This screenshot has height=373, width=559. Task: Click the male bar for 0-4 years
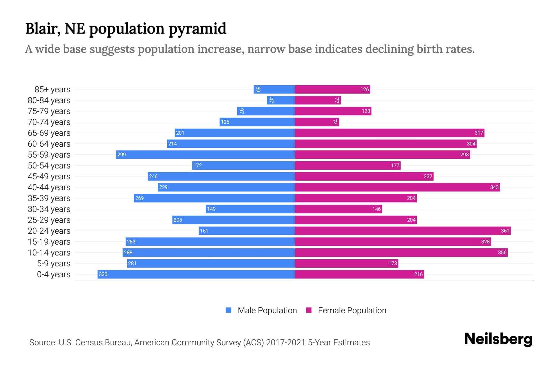196,274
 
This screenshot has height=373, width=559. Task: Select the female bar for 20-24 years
402,231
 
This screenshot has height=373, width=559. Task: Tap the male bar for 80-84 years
281,100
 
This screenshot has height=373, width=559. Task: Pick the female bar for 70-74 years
317,122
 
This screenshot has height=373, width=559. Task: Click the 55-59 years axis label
49,155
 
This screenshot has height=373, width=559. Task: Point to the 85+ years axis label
52,90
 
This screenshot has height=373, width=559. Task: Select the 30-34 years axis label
49,209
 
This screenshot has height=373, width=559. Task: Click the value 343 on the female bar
494,187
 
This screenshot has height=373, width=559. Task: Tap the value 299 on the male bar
121,154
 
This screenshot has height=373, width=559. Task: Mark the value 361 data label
505,231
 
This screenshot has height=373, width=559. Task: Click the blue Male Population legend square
229,310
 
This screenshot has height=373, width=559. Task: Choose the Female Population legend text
352,311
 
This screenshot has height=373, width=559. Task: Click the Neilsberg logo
498,339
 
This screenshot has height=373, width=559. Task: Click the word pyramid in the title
198,29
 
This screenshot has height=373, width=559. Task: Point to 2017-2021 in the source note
286,343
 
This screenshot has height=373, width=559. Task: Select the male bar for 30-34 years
250,209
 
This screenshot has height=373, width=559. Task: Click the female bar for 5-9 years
346,263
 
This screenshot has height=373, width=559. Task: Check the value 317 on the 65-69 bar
479,133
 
